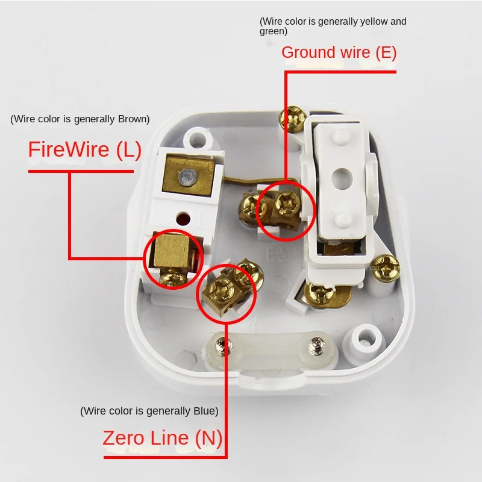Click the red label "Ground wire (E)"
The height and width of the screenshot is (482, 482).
coord(339,52)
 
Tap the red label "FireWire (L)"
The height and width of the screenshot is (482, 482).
coord(85,149)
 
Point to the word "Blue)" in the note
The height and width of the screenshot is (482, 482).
coord(204,411)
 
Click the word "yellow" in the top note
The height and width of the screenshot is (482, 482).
coord(374,22)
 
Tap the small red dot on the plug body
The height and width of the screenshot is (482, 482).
coord(182,218)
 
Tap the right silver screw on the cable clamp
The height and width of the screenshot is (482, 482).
coord(316,346)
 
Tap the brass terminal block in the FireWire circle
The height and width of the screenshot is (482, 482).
coord(170,254)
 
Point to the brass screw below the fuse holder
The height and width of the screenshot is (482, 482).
coord(319,293)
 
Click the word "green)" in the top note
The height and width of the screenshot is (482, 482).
coord(274,31)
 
